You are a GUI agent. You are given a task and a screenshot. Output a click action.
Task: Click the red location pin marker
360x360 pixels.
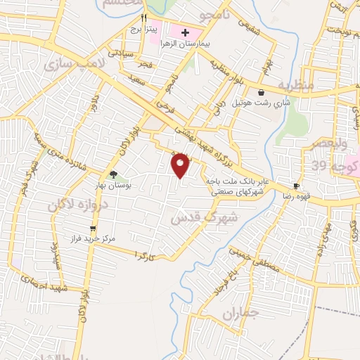coord(181,165)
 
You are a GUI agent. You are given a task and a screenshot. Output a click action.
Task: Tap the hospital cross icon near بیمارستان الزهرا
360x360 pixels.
coord(186,32)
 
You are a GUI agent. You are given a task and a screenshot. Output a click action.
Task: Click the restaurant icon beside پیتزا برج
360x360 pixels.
coord(144,17)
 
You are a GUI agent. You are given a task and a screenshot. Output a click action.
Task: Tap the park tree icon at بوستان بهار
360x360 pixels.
coord(113,174)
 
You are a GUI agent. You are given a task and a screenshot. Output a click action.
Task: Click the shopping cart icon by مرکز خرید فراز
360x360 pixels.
coord(93,228)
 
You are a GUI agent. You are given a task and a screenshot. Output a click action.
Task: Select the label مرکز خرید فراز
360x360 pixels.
coord(89,240)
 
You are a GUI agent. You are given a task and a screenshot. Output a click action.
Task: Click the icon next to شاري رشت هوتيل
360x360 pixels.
coord(261,92)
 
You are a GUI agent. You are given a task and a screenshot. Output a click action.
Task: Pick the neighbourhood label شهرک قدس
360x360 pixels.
coord(205,219)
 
